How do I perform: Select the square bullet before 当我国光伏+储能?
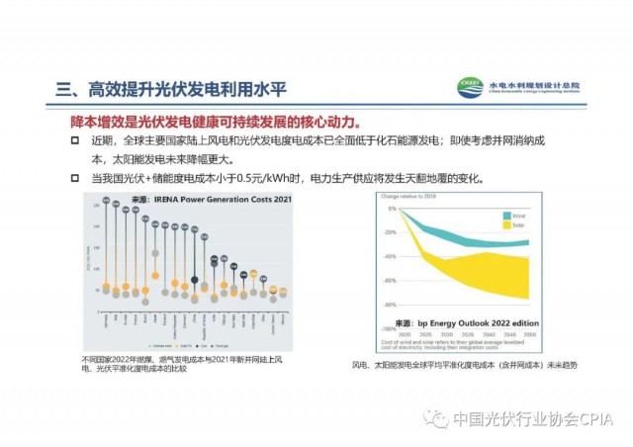click(x=78, y=178)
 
